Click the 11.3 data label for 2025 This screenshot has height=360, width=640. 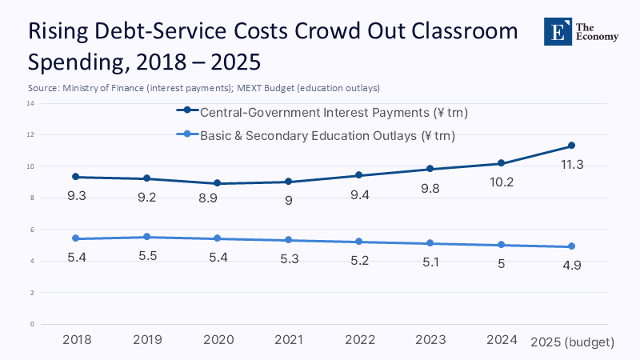571,164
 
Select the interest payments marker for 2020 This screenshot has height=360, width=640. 218,183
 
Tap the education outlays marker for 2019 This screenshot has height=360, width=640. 147,237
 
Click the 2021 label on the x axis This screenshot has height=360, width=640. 288,340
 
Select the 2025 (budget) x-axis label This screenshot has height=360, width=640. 573,342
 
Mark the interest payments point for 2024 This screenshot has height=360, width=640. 501,163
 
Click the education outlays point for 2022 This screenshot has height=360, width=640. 359,242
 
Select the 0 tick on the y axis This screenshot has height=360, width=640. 31,324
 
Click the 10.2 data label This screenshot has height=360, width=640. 501,182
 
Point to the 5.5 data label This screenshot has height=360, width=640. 147,255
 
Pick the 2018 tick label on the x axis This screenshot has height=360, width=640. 77,340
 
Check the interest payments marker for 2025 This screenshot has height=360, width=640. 571,146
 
